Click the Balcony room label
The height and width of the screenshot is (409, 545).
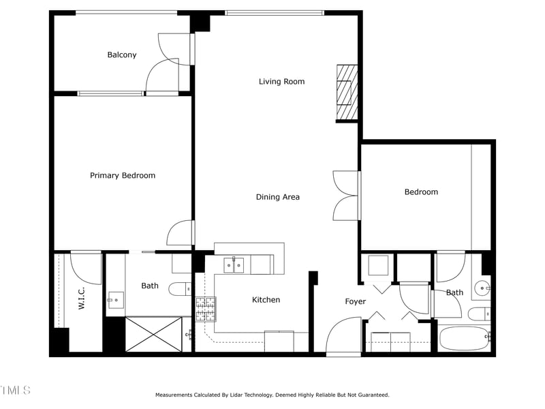122,55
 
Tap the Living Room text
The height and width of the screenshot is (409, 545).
281,82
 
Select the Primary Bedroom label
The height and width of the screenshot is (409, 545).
123,176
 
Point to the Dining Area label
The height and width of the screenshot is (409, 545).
278,198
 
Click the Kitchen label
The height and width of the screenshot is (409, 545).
266,300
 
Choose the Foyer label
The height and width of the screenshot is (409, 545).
355,302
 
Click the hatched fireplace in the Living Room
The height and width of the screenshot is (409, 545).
347,93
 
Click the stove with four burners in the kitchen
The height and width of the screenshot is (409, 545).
205,309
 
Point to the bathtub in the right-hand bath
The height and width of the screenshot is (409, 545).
464,338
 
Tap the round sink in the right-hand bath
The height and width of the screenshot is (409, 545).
482,288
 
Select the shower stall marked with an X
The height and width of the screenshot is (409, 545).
153,334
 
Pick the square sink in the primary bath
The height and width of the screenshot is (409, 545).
115,299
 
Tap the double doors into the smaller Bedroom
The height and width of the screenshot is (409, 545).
346,196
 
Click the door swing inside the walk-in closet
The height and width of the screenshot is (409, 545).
86,268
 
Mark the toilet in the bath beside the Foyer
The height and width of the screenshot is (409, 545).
479,314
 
